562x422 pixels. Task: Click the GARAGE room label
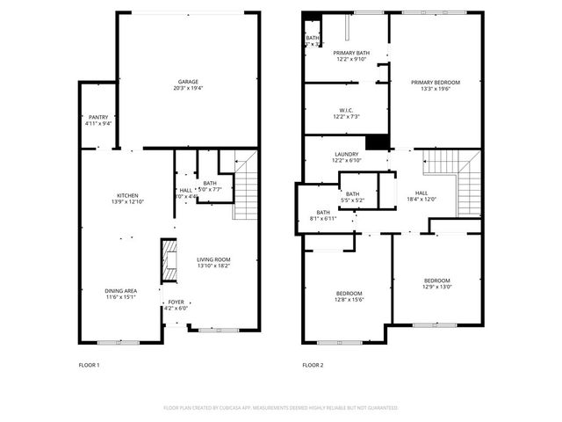188,82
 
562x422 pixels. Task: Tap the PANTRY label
97,117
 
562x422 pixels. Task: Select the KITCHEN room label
128,195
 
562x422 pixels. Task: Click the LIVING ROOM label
213,259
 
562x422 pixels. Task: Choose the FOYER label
177,302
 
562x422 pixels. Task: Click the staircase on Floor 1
245,186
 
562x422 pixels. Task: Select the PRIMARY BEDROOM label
436,83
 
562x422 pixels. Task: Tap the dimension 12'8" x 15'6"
348,300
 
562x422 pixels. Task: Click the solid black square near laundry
377,142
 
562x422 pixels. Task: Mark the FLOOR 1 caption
90,364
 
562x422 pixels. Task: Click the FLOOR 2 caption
313,364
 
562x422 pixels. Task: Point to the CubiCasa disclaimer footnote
281,408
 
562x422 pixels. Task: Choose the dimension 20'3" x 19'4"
188,88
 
